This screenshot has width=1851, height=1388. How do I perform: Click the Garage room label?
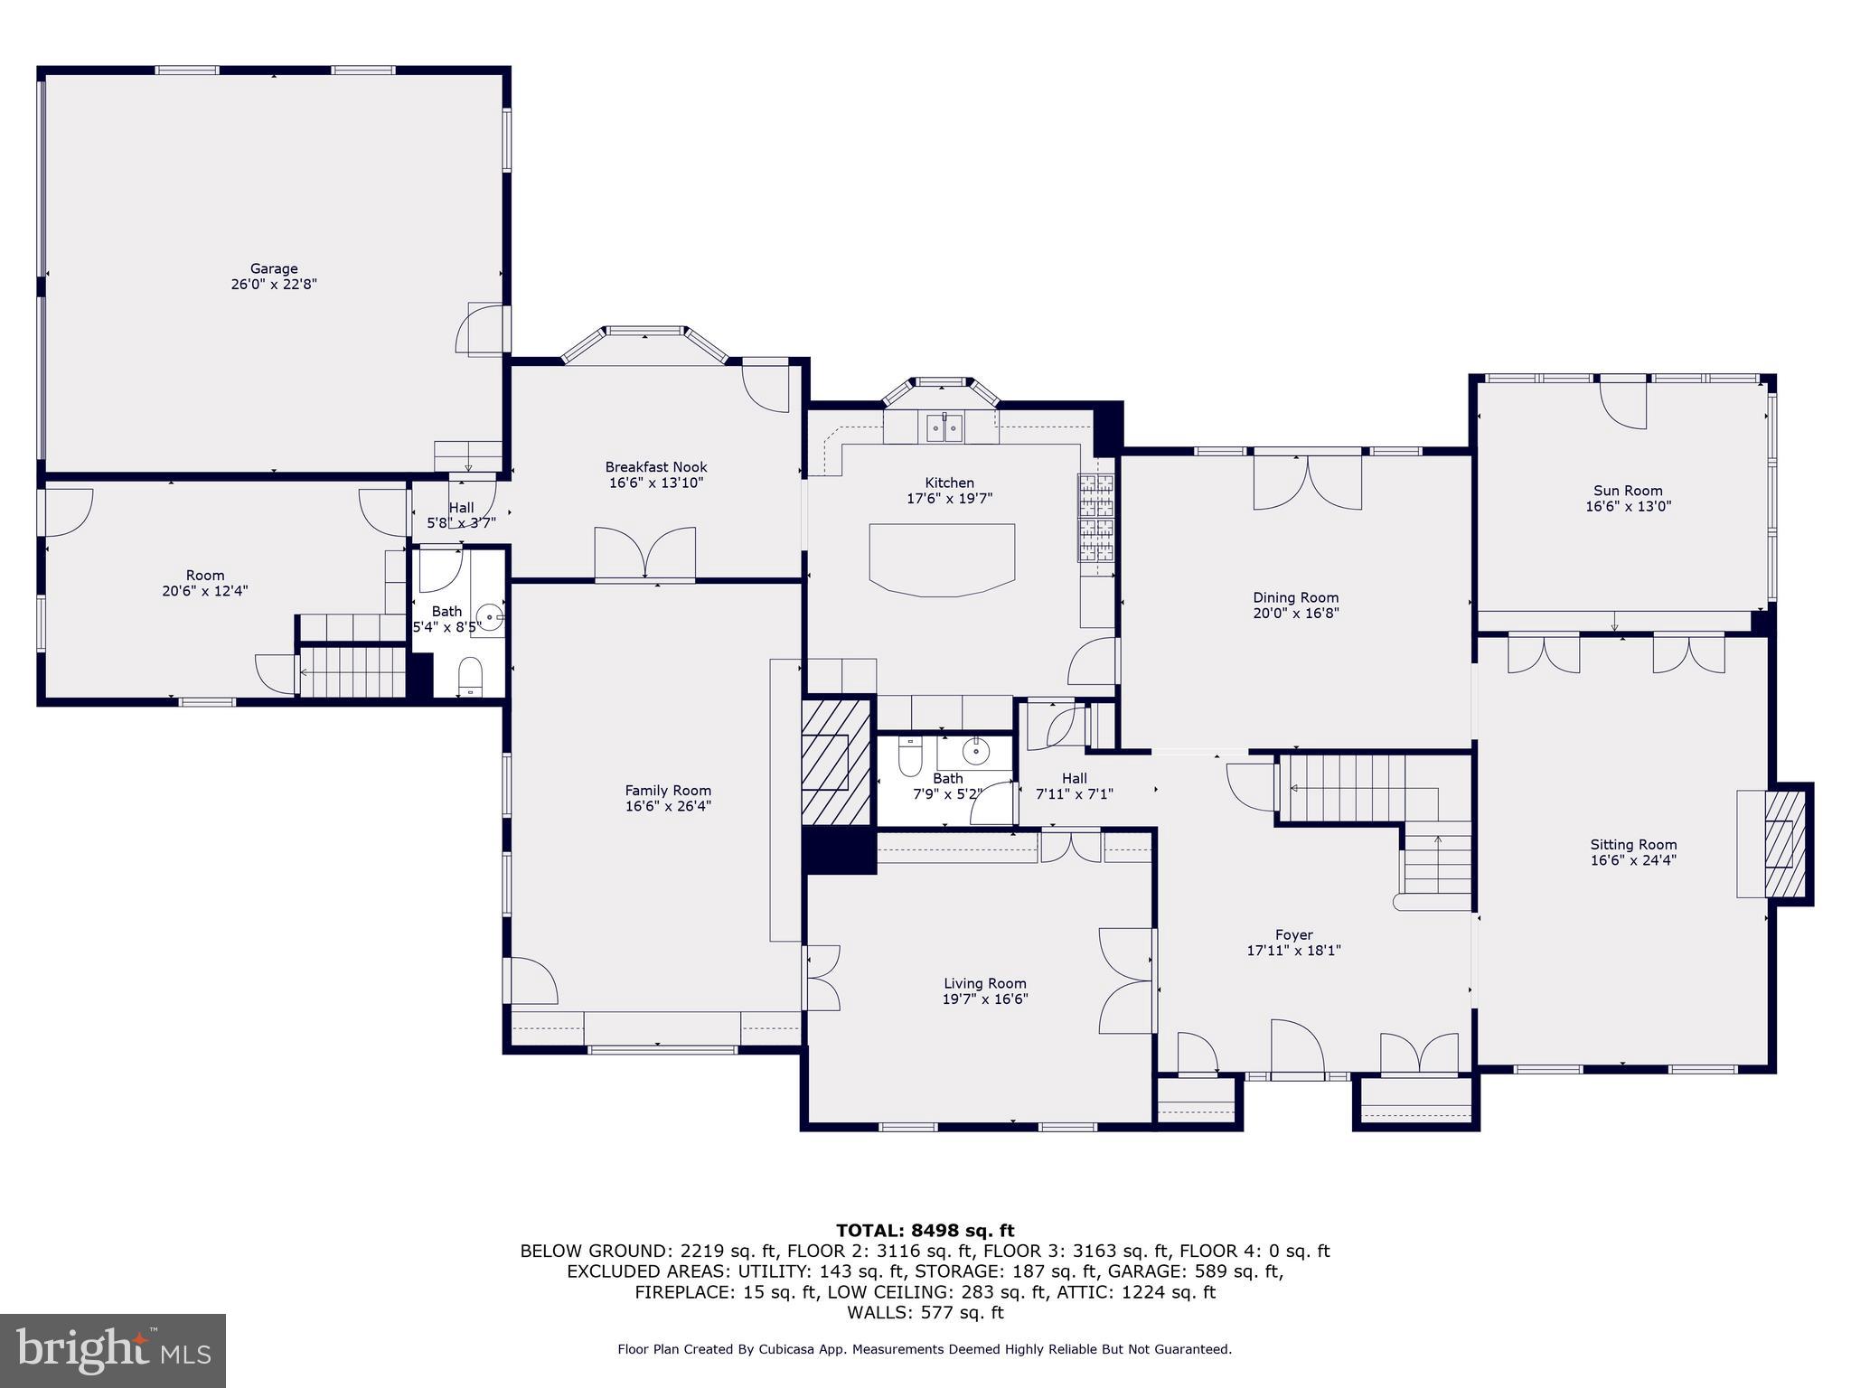pyautogui.click(x=274, y=268)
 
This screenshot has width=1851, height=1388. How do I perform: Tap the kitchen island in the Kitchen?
pyautogui.click(x=942, y=559)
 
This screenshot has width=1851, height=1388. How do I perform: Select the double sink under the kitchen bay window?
pyautogui.click(x=944, y=427)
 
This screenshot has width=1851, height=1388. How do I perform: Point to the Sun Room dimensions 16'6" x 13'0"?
pyautogui.click(x=1628, y=507)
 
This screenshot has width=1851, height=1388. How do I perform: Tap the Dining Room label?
pyautogui.click(x=1295, y=597)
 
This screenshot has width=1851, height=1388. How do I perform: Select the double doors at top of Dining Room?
pyautogui.click(x=1307, y=483)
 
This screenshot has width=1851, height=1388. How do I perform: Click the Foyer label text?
pyautogui.click(x=1293, y=935)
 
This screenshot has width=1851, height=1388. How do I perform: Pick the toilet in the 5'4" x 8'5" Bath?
pyautogui.click(x=470, y=678)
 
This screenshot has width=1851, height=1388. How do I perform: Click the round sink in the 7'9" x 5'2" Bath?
pyautogui.click(x=975, y=749)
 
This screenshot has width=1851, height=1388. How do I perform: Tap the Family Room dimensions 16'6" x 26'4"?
pyautogui.click(x=668, y=806)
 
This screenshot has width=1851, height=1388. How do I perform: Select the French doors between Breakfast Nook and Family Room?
pyautogui.click(x=644, y=554)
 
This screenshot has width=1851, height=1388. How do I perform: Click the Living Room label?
pyautogui.click(x=984, y=983)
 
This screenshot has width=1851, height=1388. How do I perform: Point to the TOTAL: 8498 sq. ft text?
pyautogui.click(x=925, y=1230)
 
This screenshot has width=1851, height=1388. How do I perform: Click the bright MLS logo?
pyautogui.click(x=113, y=1350)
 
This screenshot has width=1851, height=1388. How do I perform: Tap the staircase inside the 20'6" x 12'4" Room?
pyautogui.click(x=352, y=671)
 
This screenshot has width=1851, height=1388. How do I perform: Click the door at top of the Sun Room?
pyautogui.click(x=1623, y=405)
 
